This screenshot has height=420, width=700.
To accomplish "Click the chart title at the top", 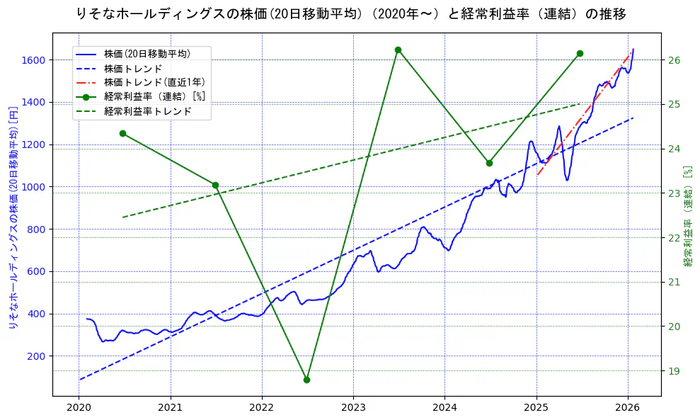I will pyautogui.click(x=350, y=13).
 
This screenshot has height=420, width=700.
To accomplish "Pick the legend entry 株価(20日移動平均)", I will pyautogui.click(x=147, y=52).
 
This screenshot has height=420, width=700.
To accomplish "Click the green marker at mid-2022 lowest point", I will pyautogui.click(x=306, y=380).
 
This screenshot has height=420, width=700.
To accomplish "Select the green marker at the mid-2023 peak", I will pyautogui.click(x=398, y=50).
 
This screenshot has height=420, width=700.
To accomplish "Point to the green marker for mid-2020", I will pyautogui.click(x=122, y=133).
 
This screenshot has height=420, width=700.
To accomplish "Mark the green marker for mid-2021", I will pyautogui.click(x=215, y=185).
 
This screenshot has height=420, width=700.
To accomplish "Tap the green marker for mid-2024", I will pyautogui.click(x=489, y=163).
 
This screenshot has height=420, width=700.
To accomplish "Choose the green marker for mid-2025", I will pyautogui.click(x=580, y=53).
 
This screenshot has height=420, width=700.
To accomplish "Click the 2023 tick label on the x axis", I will pyautogui.click(x=353, y=407).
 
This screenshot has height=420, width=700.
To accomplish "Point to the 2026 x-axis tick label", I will pyautogui.click(x=627, y=407).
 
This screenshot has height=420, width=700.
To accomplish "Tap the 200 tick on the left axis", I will pyautogui.click(x=37, y=356).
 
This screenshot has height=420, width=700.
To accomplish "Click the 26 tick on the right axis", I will pyautogui.click(x=675, y=60).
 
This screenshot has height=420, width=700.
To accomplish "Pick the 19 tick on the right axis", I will pyautogui.click(x=675, y=371).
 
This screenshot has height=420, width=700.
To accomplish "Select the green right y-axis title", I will pyautogui.click(x=687, y=216).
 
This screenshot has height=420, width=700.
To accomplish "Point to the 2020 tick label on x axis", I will pyautogui.click(x=79, y=407).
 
